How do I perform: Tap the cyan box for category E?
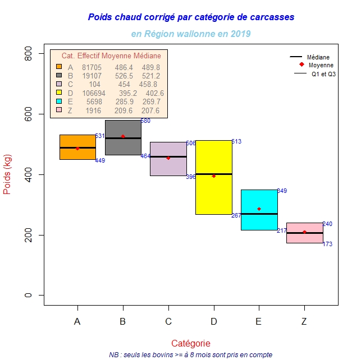(x=259, y=221)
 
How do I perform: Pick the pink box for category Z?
(x=304, y=238)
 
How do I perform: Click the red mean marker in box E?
(x=259, y=209)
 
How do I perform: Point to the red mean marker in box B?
(x=123, y=136)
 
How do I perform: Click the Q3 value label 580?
(x=145, y=121)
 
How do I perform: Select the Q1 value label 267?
(x=236, y=215)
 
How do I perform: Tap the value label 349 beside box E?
(x=282, y=191)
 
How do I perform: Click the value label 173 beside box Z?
(x=327, y=244)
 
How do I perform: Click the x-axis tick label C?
(x=168, y=321)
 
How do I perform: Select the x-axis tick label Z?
(x=304, y=321)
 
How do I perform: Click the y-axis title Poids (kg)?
(x=8, y=174)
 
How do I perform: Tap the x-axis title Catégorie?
(x=191, y=343)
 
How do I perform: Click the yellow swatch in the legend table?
(x=58, y=93)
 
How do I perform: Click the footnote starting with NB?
(x=191, y=354)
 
